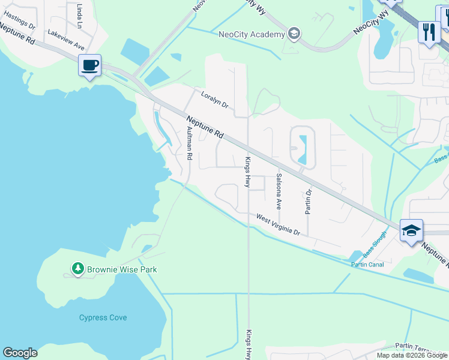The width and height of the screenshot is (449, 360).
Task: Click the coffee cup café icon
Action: tap(89, 65)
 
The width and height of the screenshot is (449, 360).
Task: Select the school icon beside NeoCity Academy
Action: tap(294, 33)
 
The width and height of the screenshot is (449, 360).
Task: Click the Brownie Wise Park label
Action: tap(122, 269)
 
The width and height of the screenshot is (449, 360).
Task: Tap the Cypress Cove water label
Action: tap(103, 317)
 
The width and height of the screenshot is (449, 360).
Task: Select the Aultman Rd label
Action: tap(189, 143)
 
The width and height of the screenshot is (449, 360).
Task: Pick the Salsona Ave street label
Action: tap(279, 191)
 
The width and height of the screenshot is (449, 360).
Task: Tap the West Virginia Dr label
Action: tap(278, 224)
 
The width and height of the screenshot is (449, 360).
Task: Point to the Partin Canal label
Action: tap(367, 264)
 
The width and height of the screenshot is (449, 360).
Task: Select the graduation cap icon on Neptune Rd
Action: tap(411, 231)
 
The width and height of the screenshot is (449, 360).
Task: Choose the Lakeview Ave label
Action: tap(66, 40)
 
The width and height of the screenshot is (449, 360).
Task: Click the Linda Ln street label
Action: tap(80, 16)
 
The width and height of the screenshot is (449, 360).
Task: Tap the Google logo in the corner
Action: tap(20, 353)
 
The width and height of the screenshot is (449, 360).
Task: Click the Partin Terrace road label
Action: tap(421, 346)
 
